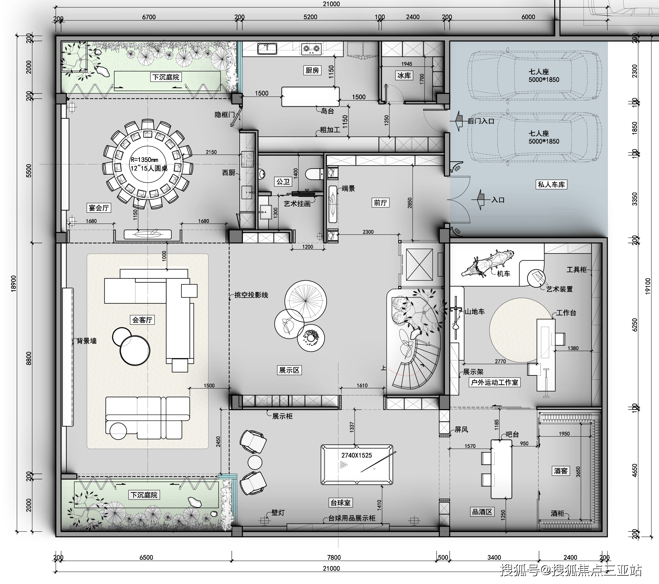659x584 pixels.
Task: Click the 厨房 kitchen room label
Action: (x=312, y=70)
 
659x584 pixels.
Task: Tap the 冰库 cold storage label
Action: (x=404, y=75)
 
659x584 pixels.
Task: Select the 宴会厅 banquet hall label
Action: (x=99, y=208)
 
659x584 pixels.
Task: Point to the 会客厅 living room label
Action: (x=142, y=320)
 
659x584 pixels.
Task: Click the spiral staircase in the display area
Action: (x=416, y=364)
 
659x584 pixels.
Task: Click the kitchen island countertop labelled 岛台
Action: (x=311, y=96)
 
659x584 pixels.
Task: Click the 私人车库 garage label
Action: (x=551, y=185)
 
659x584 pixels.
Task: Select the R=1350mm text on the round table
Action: (x=144, y=160)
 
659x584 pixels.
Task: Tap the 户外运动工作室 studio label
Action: (x=494, y=382)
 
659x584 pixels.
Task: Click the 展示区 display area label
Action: (x=289, y=370)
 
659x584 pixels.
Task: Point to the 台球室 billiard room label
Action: (x=340, y=503)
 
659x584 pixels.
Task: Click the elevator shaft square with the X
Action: (x=419, y=265)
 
